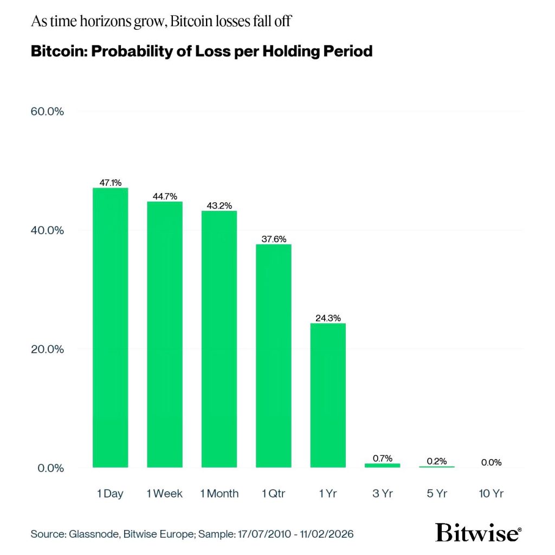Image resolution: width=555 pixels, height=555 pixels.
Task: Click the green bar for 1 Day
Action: pyautogui.click(x=111, y=327)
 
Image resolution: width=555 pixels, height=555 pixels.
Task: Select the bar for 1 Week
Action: pyautogui.click(x=165, y=334)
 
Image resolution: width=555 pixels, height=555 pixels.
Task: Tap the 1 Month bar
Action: pyautogui.click(x=219, y=339)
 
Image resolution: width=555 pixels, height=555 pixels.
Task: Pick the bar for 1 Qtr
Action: pyautogui.click(x=274, y=356)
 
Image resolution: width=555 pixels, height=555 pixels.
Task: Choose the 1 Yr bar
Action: pyautogui.click(x=328, y=395)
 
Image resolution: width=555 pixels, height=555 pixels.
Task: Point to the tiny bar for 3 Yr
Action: pyautogui.click(x=382, y=465)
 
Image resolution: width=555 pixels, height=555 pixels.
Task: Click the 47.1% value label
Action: pyautogui.click(x=111, y=183)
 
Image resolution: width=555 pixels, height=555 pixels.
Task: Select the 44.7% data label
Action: pyautogui.click(x=165, y=196)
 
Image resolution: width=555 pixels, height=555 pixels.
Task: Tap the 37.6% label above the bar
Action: pyautogui.click(x=274, y=238)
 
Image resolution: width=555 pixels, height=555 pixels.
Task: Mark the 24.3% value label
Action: pyautogui.click(x=328, y=318)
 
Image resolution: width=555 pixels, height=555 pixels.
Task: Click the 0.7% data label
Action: pyautogui.click(x=382, y=458)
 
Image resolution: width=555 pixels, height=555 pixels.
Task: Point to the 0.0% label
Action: pyautogui.click(x=491, y=462)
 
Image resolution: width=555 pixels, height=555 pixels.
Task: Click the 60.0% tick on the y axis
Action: pyautogui.click(x=48, y=112)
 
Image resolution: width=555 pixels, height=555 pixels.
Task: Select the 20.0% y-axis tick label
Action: pyautogui.click(x=48, y=349)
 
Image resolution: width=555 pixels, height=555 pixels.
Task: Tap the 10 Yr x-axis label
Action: pyautogui.click(x=491, y=493)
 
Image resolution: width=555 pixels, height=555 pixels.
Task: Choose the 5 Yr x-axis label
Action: pyautogui.click(x=436, y=493)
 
